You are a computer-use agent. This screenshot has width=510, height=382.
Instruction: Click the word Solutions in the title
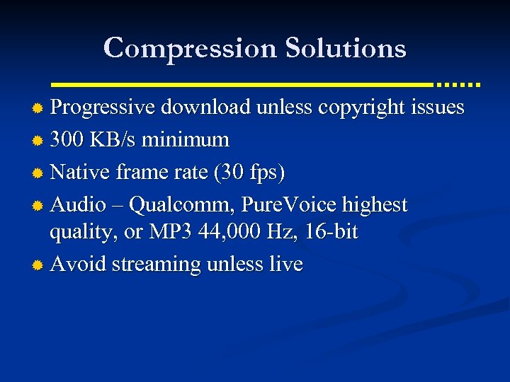[x=346, y=48]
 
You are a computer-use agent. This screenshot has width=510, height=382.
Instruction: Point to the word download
[x=205, y=108]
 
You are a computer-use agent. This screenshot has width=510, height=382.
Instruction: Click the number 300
[x=68, y=140]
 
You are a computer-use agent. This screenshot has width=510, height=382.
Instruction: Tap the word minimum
[x=186, y=140]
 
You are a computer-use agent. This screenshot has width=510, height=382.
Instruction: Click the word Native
[x=76, y=173]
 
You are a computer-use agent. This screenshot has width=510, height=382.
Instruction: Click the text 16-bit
[x=331, y=231]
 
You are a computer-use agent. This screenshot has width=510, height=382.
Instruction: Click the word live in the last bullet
[x=287, y=264]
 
